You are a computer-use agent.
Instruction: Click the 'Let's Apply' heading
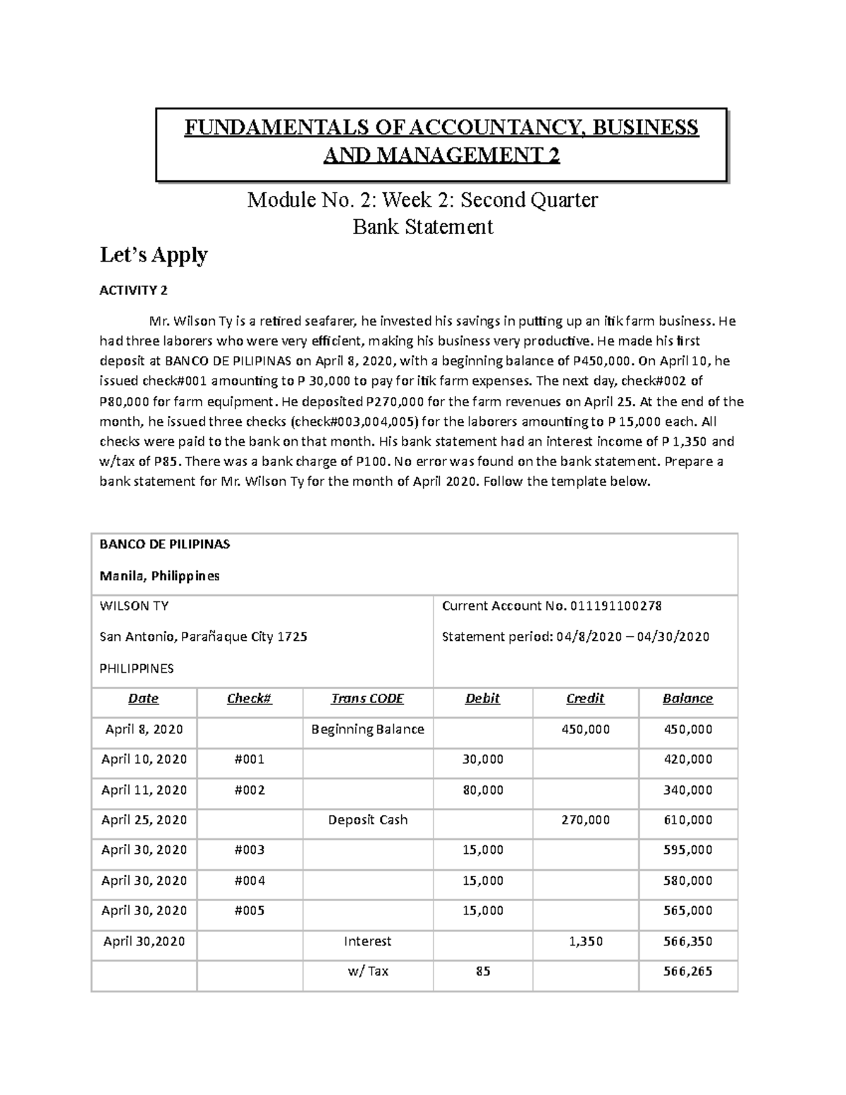[154, 255]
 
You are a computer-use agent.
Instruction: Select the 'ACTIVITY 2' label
[133, 290]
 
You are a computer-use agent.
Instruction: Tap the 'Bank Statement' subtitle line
[422, 227]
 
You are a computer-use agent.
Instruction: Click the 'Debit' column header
[482, 699]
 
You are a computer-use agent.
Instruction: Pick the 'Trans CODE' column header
[367, 699]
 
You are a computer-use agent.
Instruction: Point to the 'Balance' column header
[687, 699]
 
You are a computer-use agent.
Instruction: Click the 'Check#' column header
[249, 699]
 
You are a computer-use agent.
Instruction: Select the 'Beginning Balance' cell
[367, 729]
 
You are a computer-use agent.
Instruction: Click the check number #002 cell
[249, 790]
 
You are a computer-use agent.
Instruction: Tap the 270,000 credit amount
[585, 820]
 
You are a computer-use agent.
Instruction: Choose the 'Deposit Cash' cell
[367, 820]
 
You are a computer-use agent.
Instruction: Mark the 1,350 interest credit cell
[585, 941]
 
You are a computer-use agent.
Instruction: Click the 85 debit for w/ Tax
[482, 971]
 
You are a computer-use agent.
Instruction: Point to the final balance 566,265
[687, 971]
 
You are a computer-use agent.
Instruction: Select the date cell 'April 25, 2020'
[144, 820]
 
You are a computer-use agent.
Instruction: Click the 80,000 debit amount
[482, 790]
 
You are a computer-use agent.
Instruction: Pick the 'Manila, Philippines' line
[159, 576]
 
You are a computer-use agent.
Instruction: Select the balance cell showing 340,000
[687, 790]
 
